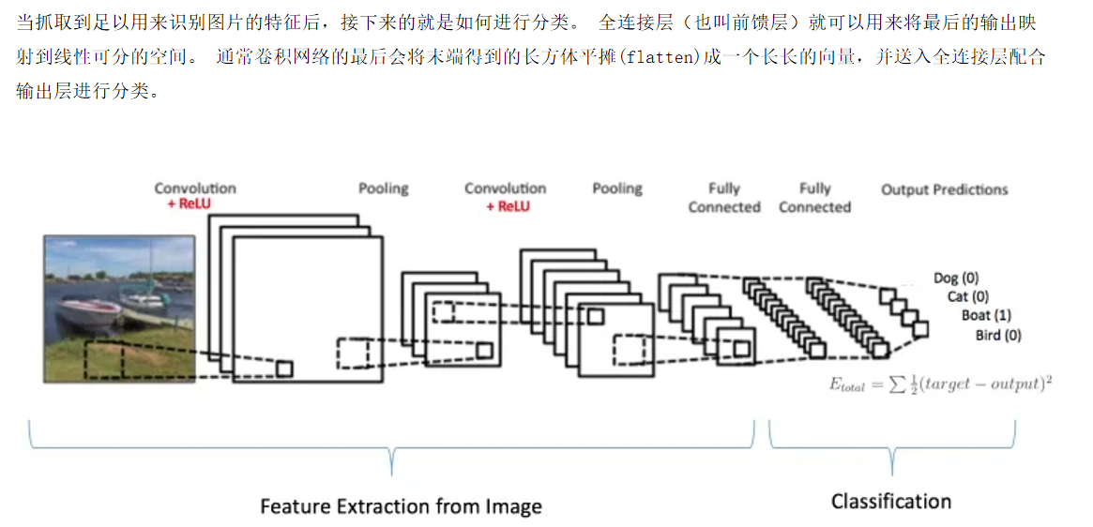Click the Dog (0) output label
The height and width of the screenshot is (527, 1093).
click(955, 278)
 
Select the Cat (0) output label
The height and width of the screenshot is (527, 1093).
click(967, 296)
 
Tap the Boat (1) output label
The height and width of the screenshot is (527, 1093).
click(986, 315)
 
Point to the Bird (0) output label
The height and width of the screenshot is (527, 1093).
click(997, 335)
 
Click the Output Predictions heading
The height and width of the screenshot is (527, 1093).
click(944, 189)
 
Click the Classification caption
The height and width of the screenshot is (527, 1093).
click(890, 501)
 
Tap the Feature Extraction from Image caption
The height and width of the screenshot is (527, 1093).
click(401, 506)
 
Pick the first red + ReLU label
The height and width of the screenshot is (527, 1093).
click(195, 203)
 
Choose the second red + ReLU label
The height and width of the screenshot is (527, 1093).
click(507, 205)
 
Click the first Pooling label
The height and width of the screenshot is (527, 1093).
click(383, 188)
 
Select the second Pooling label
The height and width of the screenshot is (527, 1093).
click(616, 188)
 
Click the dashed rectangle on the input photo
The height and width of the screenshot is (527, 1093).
click(103, 360)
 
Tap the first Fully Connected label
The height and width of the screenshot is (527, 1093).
click(723, 198)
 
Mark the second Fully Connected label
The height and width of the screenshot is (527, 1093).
click(814, 198)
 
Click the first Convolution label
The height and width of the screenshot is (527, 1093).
click(195, 188)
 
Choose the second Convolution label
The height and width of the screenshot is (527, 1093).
click(505, 188)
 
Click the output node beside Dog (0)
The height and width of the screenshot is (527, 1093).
click(887, 295)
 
